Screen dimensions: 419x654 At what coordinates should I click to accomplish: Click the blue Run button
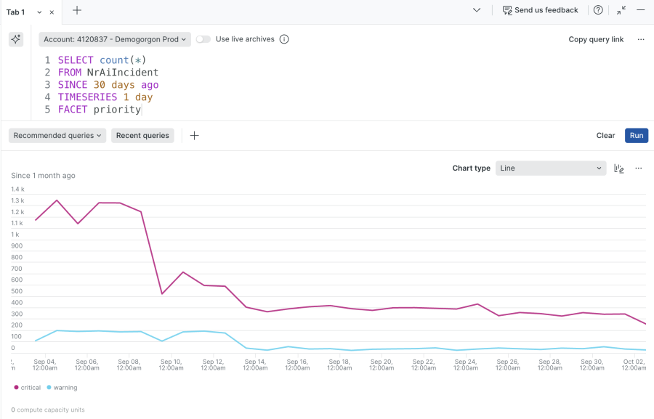[x=636, y=136]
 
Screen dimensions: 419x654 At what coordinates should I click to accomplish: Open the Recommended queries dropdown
[x=58, y=136]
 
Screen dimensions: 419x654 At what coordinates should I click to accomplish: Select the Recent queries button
[x=142, y=136]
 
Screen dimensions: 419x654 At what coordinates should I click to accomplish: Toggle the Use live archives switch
[x=203, y=39]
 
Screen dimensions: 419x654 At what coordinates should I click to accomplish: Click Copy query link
[x=596, y=39]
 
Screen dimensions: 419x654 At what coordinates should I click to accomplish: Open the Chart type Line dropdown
[x=551, y=168]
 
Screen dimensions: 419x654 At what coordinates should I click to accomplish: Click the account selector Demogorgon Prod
[x=115, y=39]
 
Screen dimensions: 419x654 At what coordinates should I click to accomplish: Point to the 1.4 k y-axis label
[x=17, y=190]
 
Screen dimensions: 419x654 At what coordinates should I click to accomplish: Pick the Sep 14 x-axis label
[x=255, y=365]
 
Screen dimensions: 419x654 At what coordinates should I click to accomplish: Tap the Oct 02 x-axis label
[x=634, y=365]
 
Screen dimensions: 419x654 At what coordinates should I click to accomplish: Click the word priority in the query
[x=117, y=110]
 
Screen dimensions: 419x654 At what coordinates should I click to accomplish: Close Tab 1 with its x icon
[x=52, y=12]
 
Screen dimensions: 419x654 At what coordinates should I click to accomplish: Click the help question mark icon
[x=598, y=11]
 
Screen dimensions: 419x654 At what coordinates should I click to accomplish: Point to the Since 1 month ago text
[x=43, y=176]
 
